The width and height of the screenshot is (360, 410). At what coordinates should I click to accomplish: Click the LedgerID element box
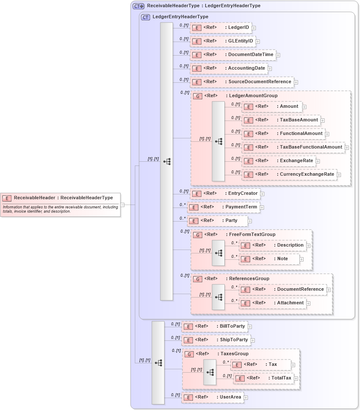[220, 28]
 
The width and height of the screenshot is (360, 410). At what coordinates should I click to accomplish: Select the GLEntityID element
[222, 41]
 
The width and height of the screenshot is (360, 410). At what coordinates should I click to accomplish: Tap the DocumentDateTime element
[232, 55]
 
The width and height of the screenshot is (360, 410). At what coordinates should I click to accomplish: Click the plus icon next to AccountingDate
[270, 68]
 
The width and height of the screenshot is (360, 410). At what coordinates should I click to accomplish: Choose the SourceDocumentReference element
[242, 82]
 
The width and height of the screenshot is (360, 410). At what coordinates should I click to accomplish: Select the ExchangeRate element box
[279, 161]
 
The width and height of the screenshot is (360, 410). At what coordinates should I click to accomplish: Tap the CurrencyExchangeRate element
[289, 174]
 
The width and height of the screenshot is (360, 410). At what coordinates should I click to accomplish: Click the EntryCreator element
[225, 194]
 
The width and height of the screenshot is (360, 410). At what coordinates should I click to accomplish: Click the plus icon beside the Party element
[250, 221]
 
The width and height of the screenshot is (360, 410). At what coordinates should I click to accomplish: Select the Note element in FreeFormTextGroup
[269, 259]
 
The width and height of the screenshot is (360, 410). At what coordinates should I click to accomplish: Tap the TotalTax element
[263, 378]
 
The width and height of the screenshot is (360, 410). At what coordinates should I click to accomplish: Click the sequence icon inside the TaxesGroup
[210, 372]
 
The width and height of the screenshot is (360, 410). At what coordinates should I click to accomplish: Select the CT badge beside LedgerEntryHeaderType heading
[145, 17]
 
